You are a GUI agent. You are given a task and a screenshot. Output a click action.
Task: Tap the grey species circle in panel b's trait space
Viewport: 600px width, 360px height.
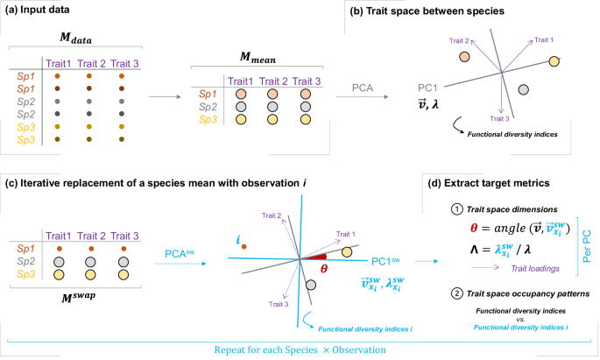point(523,89)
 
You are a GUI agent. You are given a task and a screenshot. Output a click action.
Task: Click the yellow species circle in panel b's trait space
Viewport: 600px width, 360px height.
point(554,61)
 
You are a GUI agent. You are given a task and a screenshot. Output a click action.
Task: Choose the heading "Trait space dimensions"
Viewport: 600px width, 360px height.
point(508,210)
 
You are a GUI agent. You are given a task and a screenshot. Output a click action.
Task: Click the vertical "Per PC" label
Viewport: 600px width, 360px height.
point(585,242)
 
